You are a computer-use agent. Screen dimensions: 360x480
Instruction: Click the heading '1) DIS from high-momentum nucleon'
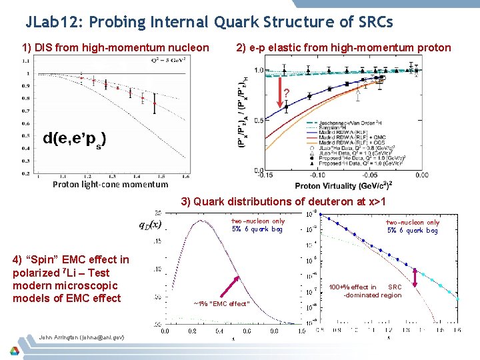[x=115, y=47]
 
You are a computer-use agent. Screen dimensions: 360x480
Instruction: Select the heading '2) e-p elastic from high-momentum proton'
[x=343, y=47]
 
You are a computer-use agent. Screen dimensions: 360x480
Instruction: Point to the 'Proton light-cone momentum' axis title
[x=111, y=184]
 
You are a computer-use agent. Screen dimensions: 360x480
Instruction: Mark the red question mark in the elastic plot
[x=286, y=93]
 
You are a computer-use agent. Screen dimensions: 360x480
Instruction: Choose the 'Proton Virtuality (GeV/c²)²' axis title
[x=351, y=186]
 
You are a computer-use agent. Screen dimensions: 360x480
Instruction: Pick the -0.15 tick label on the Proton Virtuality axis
[x=265, y=176]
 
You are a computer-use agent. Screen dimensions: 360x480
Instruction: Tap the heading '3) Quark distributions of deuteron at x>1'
[x=285, y=201]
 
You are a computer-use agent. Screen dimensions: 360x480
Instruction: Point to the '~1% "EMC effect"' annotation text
[x=222, y=303]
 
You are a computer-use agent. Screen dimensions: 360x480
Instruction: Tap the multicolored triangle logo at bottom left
[x=14, y=350]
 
